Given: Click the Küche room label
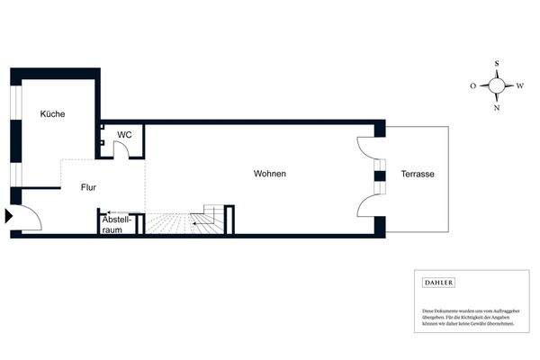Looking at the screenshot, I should coord(52,114).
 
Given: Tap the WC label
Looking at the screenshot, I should coord(124,134).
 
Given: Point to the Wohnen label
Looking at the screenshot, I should coord(269,173).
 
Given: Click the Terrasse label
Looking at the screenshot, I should coord(418,173).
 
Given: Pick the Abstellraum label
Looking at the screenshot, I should coord(118,224).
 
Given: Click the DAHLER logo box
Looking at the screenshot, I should coord(438,283).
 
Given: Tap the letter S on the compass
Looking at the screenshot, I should coord(497,64).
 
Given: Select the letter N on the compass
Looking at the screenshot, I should coord(497,107).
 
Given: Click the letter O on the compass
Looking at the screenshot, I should coord(473,85).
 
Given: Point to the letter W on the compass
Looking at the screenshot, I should coord(520,85).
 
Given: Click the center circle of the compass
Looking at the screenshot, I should coord(497,85).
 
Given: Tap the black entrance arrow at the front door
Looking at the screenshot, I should coord(8,216).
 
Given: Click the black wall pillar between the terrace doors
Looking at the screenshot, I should coord(380,175).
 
